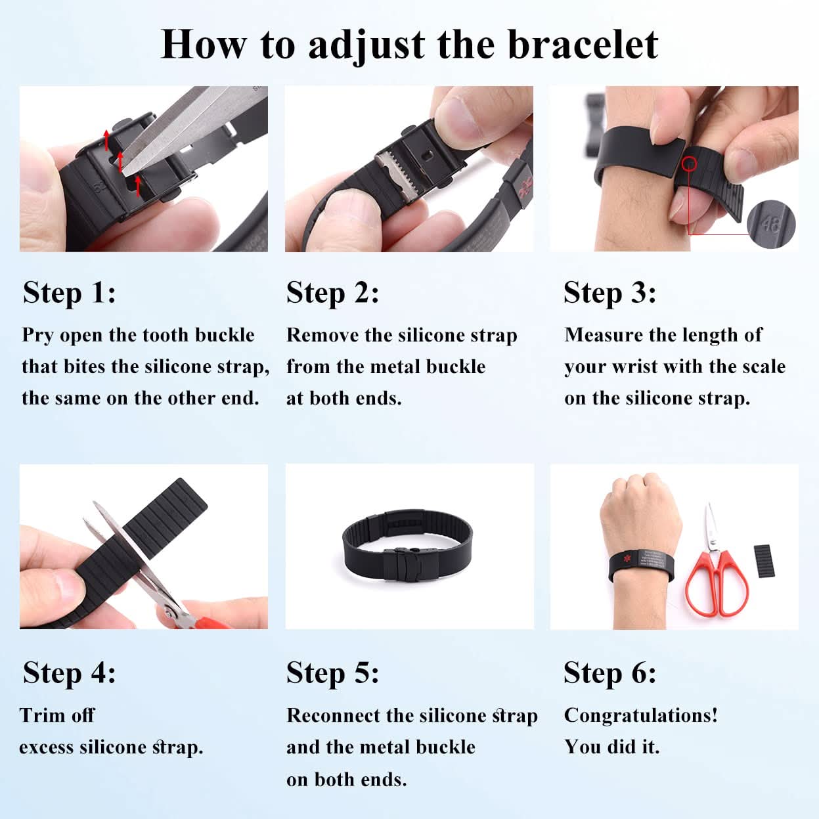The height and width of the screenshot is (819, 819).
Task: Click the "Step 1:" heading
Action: tap(70, 293)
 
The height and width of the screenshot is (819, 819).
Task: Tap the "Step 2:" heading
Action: tap(332, 293)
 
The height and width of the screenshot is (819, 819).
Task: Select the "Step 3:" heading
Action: tap(609, 293)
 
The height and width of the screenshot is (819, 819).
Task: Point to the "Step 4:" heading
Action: tap(70, 673)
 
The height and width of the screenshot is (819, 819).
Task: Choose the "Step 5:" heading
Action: tap(332, 673)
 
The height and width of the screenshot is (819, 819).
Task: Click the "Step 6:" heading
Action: tap(609, 673)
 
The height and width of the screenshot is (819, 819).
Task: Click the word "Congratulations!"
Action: tap(640, 715)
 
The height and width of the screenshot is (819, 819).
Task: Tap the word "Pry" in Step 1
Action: tap(37, 336)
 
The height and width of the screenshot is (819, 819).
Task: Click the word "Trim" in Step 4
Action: tap(39, 715)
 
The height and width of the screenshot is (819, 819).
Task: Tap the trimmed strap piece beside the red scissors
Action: tap(766, 561)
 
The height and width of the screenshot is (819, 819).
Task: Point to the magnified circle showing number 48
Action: tap(770, 225)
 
